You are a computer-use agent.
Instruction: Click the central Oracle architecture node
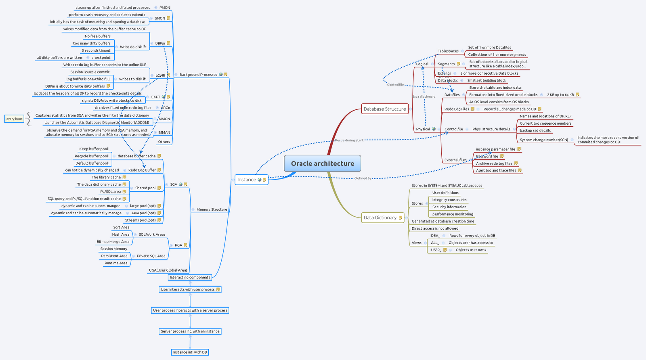[x=322, y=163]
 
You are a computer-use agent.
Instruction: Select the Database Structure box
[x=384, y=109]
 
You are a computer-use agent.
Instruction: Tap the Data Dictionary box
[x=380, y=218]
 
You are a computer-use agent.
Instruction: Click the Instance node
[x=247, y=180]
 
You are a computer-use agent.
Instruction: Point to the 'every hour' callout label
[x=14, y=119]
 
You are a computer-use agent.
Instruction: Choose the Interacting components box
[x=190, y=277]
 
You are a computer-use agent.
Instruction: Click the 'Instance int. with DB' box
[x=190, y=352]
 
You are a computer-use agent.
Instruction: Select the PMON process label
[x=165, y=8]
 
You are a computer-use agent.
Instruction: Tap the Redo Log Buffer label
[x=142, y=170]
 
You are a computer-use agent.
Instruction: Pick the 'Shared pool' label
[x=145, y=188]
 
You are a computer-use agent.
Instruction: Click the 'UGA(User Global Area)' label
[x=168, y=270]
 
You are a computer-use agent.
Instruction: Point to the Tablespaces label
[x=448, y=51]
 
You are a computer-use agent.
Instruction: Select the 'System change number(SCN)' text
[x=544, y=140]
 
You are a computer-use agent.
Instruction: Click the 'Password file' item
[x=487, y=157]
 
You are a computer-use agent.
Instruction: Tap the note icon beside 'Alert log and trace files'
[x=520, y=170]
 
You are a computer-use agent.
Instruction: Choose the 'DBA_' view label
[x=435, y=236]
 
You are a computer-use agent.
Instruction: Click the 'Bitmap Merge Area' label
[x=113, y=242]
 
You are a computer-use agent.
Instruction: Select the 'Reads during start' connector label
[x=349, y=140]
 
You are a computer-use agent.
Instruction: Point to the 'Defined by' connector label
[x=363, y=178]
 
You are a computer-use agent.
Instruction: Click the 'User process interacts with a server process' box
[x=190, y=310]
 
